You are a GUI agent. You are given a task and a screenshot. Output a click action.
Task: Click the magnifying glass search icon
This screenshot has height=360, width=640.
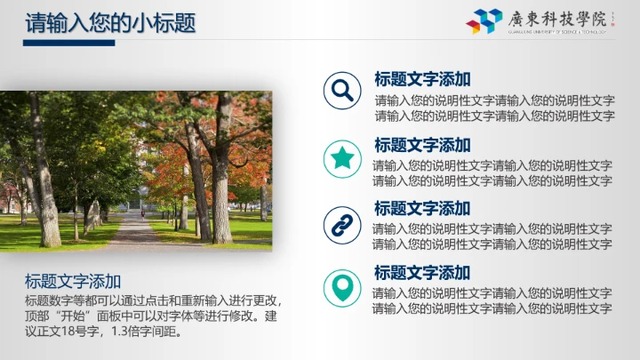point(340,91)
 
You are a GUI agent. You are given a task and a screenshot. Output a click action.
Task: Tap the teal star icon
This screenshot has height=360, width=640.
point(340,158)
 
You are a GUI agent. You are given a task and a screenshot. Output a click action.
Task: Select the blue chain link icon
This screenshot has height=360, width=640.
point(340,224)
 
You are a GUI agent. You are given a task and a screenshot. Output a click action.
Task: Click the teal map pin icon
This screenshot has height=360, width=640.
point(340,287)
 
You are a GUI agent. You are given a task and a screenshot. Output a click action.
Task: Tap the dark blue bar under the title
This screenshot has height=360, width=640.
point(68,43)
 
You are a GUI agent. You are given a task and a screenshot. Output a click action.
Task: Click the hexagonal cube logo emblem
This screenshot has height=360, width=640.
point(485,20)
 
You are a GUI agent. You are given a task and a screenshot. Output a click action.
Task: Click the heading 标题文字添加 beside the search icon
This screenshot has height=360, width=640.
point(422,79)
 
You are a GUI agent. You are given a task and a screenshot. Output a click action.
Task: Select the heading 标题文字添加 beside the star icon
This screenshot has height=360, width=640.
point(422,145)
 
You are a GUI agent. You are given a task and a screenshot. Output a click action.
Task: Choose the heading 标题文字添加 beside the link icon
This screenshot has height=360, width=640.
point(422,209)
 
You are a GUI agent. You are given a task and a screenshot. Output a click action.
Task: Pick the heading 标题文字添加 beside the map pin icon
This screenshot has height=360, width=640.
point(422,273)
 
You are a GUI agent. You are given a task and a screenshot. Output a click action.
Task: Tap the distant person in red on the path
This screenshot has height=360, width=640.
point(142,213)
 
